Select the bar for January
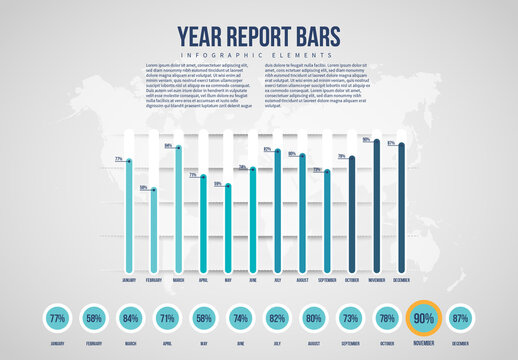pyautogui.click(x=128, y=214)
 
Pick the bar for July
pyautogui.click(x=277, y=210)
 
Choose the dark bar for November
pyautogui.click(x=377, y=205)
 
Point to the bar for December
pyautogui.click(x=402, y=207)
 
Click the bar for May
pyautogui.click(x=228, y=226)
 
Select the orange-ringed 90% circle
pyautogui.click(x=423, y=318)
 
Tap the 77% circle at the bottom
pyautogui.click(x=57, y=318)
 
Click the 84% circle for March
pyautogui.click(x=130, y=318)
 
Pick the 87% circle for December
pyautogui.click(x=460, y=318)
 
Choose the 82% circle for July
pyautogui.click(x=277, y=318)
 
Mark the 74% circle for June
pyautogui.click(x=240, y=318)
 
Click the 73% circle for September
pyautogui.click(x=350, y=318)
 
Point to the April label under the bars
pyautogui.click(x=203, y=281)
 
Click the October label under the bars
pyautogui.click(x=352, y=281)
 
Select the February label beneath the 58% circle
pyautogui.click(x=94, y=343)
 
